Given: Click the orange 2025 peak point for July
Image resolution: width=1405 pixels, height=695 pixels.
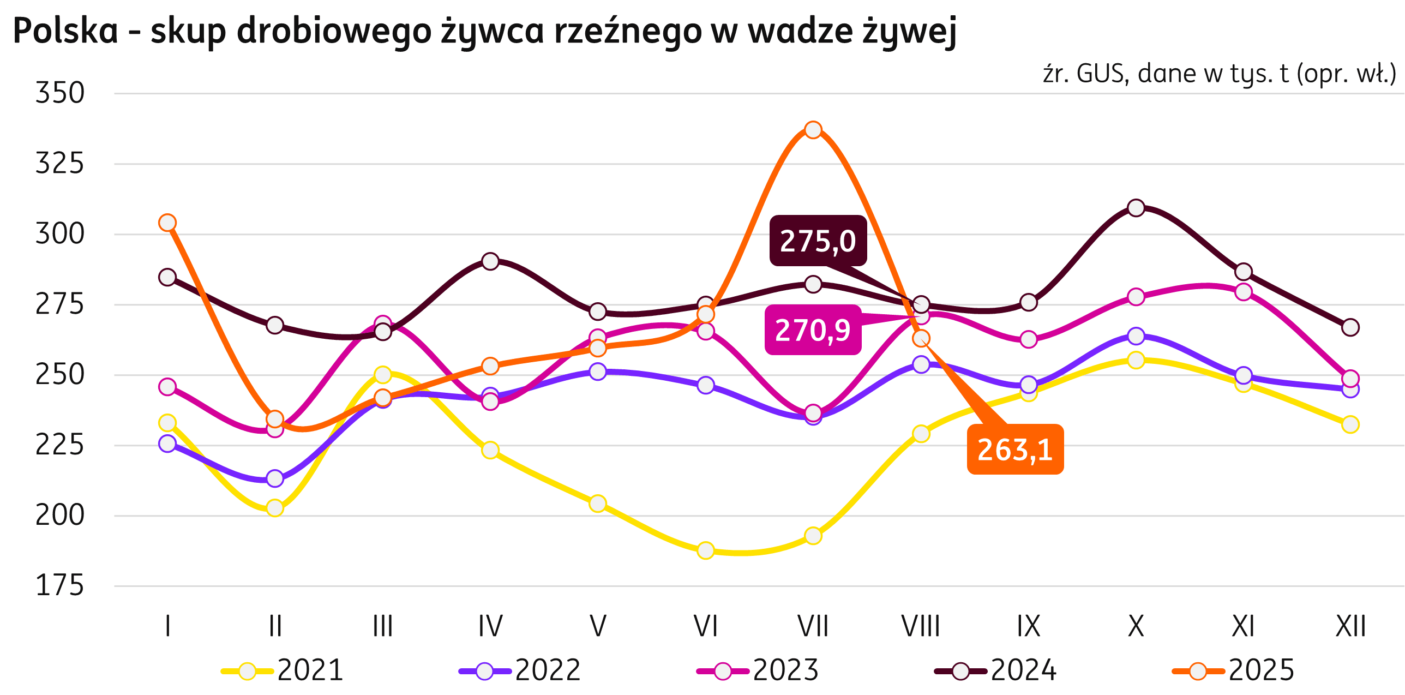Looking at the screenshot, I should pos(813,130).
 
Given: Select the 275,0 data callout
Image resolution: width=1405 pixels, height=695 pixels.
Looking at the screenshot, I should pos(818,241).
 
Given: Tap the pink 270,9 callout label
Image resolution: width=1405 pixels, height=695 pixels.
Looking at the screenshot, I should pos(812,330).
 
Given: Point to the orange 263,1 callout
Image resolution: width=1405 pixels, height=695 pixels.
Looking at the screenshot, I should pos(1015,450).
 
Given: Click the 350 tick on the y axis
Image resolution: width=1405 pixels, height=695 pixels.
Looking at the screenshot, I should pos(60,93).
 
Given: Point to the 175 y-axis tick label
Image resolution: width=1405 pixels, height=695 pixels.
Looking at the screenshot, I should pos(60,586).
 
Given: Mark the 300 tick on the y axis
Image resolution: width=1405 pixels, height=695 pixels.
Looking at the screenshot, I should pos(60,234).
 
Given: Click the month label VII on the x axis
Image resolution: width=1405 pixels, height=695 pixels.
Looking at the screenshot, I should pos(813,626).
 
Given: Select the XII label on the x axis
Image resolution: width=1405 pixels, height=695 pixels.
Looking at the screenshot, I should pos(1350,626).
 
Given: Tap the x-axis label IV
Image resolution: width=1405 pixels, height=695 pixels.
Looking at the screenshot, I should pos(490,626).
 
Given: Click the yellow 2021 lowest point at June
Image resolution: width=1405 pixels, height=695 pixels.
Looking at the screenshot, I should pos(706,550).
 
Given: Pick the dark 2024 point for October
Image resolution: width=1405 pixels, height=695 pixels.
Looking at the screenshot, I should pos(1136,208).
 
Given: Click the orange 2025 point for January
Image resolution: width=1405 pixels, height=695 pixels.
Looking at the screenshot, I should pos(167,223).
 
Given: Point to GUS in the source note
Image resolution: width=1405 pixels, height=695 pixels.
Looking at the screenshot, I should pos(1102,74).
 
